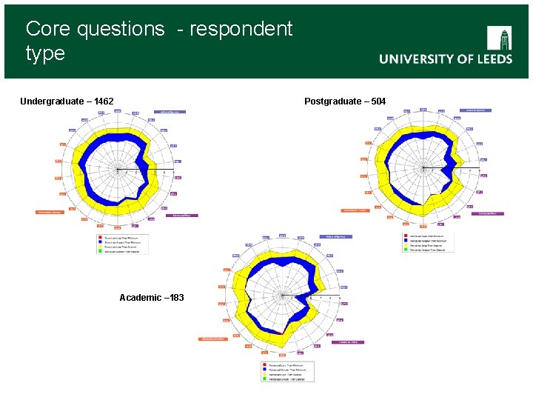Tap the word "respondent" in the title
click(241, 29)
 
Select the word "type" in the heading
click(45, 53)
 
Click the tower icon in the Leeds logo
click(499, 38)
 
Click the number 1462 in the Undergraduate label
click(100, 101)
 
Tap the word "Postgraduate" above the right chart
click(333, 101)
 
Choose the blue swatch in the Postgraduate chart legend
click(406, 241)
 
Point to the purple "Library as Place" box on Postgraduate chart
click(487, 213)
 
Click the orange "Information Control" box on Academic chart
click(212, 339)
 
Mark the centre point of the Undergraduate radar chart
click(117, 170)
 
